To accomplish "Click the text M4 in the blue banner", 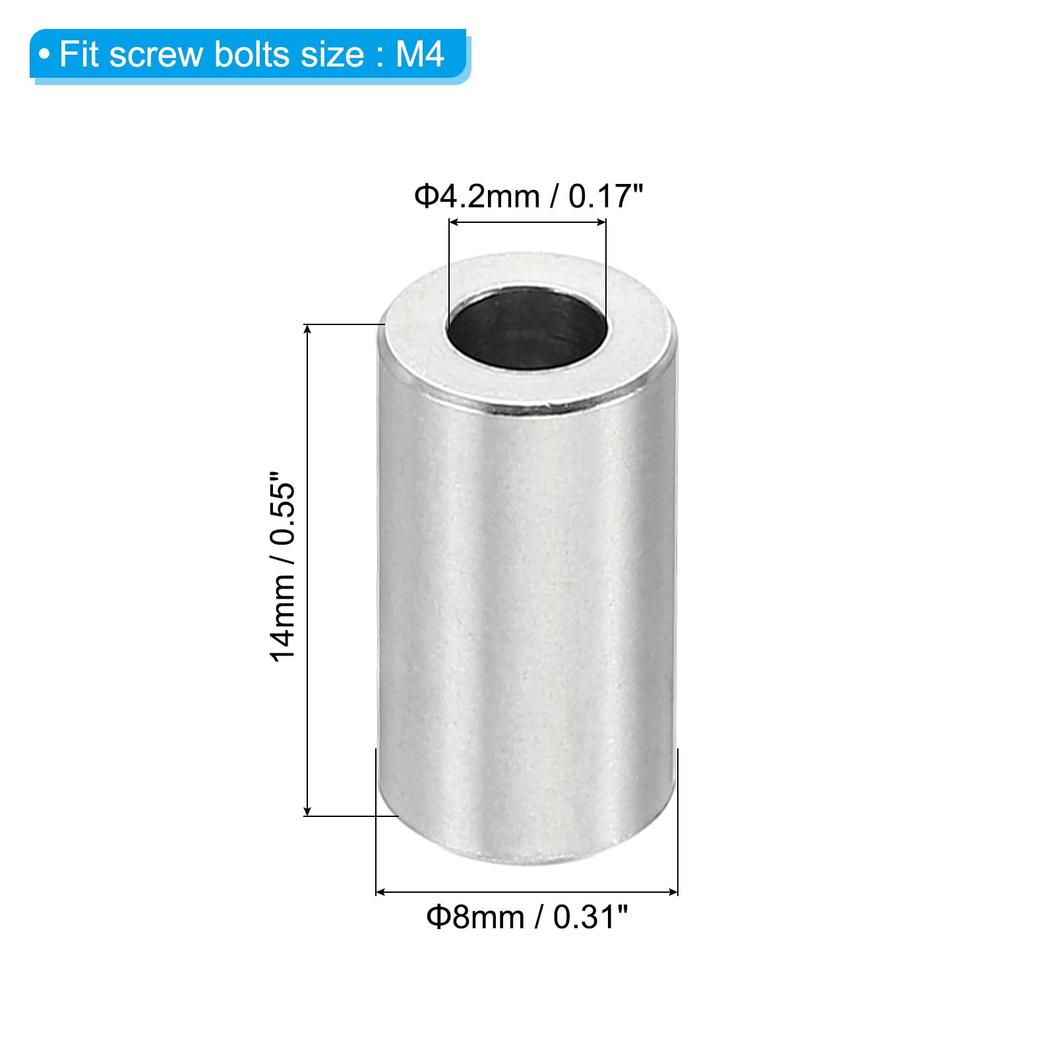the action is [420, 54].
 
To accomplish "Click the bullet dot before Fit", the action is [44, 55].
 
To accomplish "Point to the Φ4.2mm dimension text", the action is [477, 196].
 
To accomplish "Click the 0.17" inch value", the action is [605, 196].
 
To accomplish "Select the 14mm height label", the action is [282, 618].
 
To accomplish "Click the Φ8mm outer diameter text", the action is [475, 917].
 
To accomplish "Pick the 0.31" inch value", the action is [590, 917].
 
